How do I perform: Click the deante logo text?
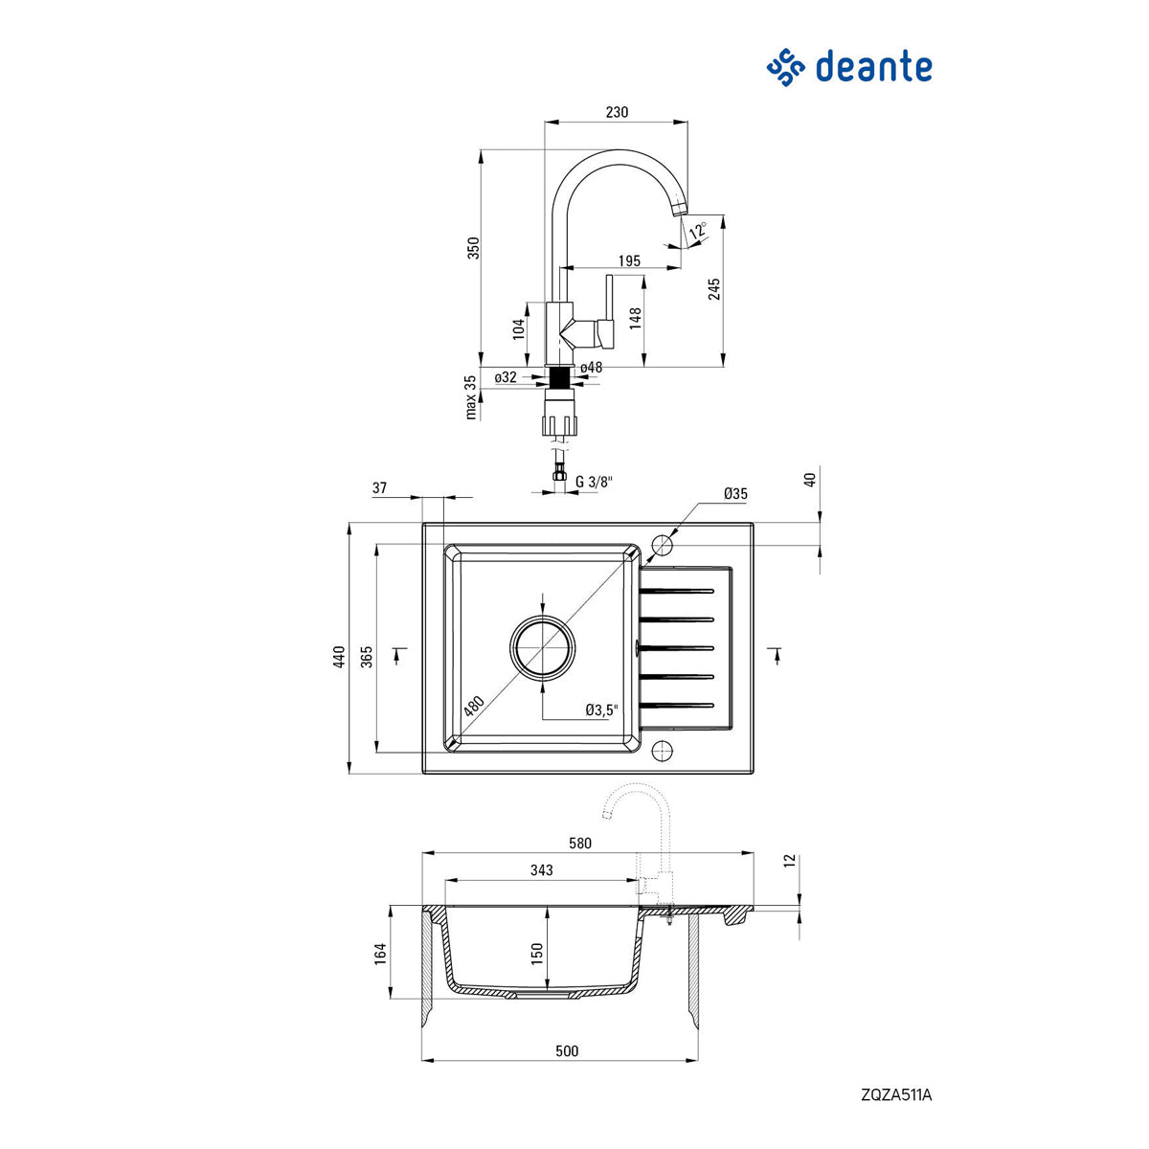click(x=872, y=67)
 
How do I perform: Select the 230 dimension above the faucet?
click(x=617, y=112)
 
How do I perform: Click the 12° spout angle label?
click(x=698, y=229)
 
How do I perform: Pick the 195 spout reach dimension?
click(x=629, y=260)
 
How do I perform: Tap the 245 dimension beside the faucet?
click(x=714, y=289)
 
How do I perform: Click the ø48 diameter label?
click(x=591, y=368)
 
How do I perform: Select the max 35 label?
click(x=471, y=397)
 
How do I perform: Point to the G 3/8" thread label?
click(x=594, y=482)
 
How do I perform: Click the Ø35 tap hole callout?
click(x=735, y=494)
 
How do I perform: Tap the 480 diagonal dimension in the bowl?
click(x=474, y=706)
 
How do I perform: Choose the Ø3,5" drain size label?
click(x=601, y=710)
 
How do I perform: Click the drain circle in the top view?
click(x=543, y=647)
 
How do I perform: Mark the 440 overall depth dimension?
click(x=339, y=657)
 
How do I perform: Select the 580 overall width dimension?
click(x=579, y=844)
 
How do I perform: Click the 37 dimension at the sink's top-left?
click(x=379, y=487)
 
